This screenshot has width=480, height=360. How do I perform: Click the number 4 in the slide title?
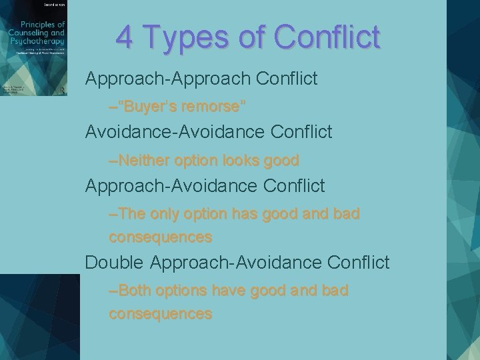pyautogui.click(x=124, y=37)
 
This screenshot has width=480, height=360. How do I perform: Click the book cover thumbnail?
pyautogui.click(x=34, y=48)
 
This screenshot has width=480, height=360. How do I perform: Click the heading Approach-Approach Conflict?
pyautogui.click(x=201, y=79)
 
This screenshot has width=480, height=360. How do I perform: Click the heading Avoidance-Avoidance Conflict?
pyautogui.click(x=208, y=132)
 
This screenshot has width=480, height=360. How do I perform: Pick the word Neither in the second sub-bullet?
pyautogui.click(x=142, y=161)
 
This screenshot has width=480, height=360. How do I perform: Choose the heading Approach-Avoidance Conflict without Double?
pyautogui.click(x=205, y=185)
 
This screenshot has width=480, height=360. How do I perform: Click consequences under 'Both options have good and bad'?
pyautogui.click(x=160, y=313)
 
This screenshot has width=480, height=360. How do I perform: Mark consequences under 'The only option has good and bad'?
pyautogui.click(x=160, y=237)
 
